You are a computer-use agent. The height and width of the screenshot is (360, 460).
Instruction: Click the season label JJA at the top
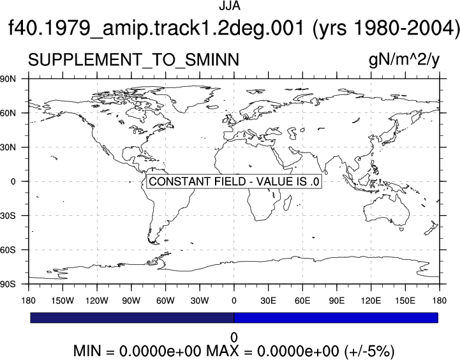[230, 6]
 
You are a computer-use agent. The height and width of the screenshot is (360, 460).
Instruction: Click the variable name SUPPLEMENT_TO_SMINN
[133, 60]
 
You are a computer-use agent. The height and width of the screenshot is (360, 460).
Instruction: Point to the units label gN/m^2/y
[404, 61]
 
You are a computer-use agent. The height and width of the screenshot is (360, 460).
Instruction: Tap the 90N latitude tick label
[8, 79]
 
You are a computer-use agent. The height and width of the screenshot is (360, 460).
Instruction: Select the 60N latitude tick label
[8, 113]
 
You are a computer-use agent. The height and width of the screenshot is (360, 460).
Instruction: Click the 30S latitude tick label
[8, 216]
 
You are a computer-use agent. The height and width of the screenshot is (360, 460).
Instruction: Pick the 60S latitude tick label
[8, 250]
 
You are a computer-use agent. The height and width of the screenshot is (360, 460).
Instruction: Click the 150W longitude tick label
[63, 301]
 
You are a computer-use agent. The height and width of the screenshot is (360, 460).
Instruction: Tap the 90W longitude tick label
[131, 301]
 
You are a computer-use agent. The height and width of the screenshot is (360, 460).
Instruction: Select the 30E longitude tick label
[268, 301]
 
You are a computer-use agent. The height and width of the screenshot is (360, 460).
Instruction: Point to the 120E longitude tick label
[371, 301]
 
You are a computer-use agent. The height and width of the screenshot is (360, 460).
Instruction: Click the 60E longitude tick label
[302, 301]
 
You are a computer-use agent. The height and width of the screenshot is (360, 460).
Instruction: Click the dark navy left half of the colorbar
[132, 318]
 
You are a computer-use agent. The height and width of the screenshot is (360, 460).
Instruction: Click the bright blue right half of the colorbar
[336, 318]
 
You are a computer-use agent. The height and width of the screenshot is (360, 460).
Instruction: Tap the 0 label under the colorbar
[234, 338]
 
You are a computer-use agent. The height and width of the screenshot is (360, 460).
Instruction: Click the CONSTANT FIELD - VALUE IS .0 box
[234, 181]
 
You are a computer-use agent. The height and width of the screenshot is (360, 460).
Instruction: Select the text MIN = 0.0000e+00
[138, 350]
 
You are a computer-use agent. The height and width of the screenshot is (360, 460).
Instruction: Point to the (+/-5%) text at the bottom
[369, 351]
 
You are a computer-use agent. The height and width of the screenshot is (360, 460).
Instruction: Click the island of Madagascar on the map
[288, 203]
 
